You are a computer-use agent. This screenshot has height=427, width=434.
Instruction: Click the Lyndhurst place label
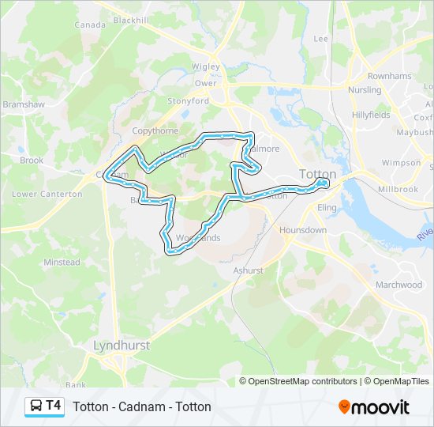pyautogui.click(x=122, y=346)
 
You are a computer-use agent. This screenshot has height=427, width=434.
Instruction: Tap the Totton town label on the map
pyautogui.click(x=318, y=174)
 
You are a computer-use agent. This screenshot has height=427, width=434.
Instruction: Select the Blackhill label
pyautogui.click(x=132, y=20)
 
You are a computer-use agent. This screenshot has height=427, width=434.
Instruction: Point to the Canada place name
pyautogui.click(x=89, y=25)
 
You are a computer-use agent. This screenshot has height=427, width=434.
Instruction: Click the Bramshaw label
pyautogui.click(x=19, y=104)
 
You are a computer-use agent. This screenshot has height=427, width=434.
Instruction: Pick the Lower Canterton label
pyautogui.click(x=47, y=194)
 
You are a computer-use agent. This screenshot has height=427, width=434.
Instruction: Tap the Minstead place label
pyautogui.click(x=62, y=262)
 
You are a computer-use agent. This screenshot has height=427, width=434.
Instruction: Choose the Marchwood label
pyautogui.click(x=398, y=285)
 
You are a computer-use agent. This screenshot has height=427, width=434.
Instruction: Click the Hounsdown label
pyautogui.click(x=302, y=230)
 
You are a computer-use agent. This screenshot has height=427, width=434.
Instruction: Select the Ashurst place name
pyautogui.click(x=248, y=270)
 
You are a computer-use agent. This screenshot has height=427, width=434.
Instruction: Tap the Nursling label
pyautogui.click(x=365, y=90)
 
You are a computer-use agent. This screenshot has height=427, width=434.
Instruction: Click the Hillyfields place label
pyautogui.click(x=371, y=115)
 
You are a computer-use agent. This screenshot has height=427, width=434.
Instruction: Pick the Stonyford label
pyautogui.click(x=188, y=101)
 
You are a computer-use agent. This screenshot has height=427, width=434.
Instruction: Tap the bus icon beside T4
pyautogui.click(x=36, y=406)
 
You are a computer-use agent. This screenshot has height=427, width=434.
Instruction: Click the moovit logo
pyautogui.click(x=374, y=406)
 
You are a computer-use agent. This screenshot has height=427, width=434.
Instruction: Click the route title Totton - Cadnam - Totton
pyautogui.click(x=142, y=406)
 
